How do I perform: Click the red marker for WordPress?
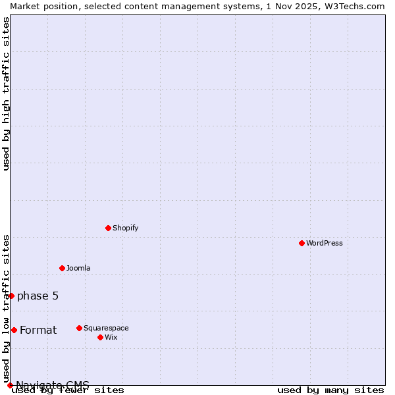pos(302,243)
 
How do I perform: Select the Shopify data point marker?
pos(108,228)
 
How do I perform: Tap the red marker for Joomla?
pos(62,268)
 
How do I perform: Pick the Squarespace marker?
pos(79,328)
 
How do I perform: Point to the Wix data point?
pos(100,337)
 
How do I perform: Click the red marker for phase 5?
pos(11,296)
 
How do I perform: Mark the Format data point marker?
pos(14,330)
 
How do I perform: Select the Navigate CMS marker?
pos(10,385)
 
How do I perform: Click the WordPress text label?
pos(324,243)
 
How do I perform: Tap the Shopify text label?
pos(125,228)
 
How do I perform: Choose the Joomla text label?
pos(78,268)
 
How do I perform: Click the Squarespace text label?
pos(106,328)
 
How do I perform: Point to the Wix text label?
pos(111,337)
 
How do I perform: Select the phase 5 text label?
pos(38,296)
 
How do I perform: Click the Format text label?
pos(38,330)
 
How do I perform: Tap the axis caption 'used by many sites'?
pos(330,390)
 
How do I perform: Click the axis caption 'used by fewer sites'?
pos(68,390)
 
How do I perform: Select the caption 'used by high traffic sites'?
pos(6,93)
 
